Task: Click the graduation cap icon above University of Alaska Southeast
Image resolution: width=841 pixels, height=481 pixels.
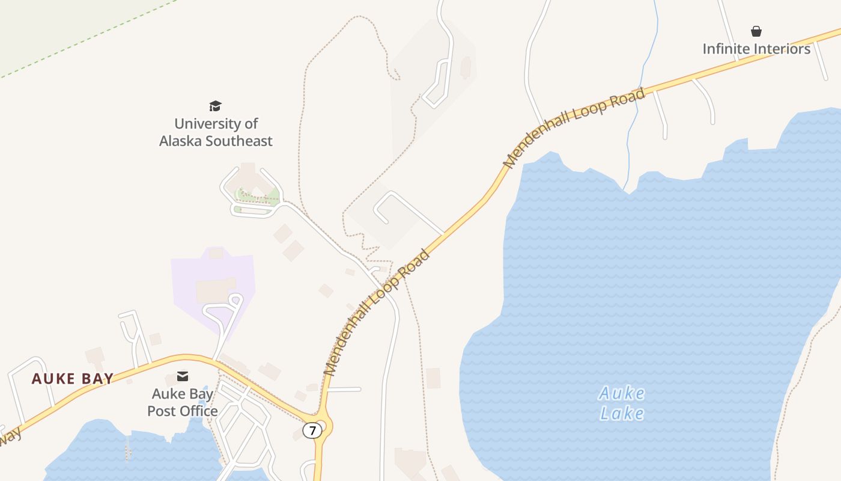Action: point(216,106)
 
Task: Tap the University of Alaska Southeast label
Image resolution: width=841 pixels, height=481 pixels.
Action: point(216,132)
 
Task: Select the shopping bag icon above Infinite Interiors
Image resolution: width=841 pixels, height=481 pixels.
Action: point(756,31)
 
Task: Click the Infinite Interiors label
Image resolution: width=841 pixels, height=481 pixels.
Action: point(756,49)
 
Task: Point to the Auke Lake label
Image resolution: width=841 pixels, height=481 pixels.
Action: point(622,403)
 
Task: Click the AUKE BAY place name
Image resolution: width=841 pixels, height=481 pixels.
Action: point(73,379)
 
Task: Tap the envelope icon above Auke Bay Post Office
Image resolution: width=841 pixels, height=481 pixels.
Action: point(183,376)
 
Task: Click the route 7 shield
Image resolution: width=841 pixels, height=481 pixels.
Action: point(312,430)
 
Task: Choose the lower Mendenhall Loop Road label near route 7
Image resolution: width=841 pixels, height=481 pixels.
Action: point(377,313)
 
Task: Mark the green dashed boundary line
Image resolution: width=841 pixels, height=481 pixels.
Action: point(90,39)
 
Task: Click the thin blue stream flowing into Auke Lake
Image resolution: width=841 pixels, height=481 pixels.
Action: point(640,90)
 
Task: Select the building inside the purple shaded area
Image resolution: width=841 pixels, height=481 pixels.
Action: point(215,290)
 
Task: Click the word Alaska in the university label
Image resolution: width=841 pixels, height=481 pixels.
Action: point(181,141)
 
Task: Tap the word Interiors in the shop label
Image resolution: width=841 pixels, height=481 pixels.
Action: point(782,49)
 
